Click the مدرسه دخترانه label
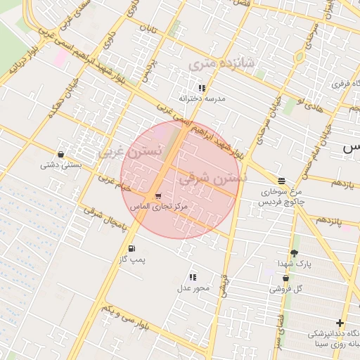coord(202,99)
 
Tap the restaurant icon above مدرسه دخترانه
coord(202,88)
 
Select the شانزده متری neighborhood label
coord(224,64)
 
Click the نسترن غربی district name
coord(130,150)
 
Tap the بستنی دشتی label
coord(61,165)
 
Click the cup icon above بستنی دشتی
coord(61,154)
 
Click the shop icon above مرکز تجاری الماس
coord(157,196)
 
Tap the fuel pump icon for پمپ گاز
coord(131,248)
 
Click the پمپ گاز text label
coord(131,259)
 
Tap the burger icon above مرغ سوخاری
coord(281,180)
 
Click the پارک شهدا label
coord(294,264)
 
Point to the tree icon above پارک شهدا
coord(294,252)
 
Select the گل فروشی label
coord(286,288)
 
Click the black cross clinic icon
coord(340,323)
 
